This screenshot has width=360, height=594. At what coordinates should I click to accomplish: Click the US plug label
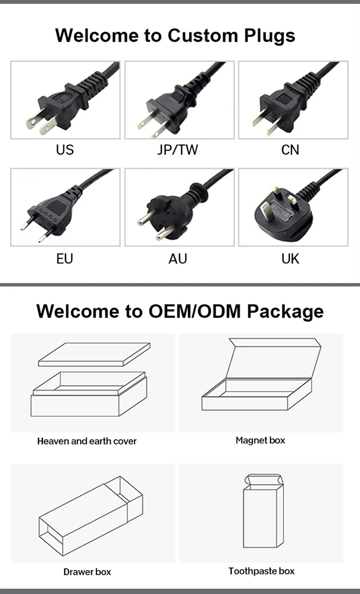[x=65, y=150]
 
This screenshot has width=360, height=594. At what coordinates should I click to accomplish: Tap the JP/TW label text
[x=178, y=150]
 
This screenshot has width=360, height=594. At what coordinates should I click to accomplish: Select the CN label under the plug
[x=290, y=150]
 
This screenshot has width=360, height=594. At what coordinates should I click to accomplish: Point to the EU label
[x=64, y=259]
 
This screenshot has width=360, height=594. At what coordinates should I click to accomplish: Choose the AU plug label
[x=178, y=259]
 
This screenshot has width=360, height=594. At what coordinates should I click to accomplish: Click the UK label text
[x=290, y=259]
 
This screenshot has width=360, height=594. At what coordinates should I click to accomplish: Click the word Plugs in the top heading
[x=269, y=36]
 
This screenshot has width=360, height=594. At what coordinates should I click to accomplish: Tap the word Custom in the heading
[x=203, y=35]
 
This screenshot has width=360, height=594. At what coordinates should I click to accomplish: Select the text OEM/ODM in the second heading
[x=195, y=311]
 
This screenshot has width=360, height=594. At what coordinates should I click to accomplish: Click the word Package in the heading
[x=285, y=311]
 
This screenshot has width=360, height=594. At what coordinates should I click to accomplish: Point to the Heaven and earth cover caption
[x=87, y=441]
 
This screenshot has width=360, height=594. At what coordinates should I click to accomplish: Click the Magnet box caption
[x=260, y=440]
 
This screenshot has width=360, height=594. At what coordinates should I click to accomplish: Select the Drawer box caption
[x=87, y=572]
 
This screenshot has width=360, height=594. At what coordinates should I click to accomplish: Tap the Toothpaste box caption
[x=262, y=571]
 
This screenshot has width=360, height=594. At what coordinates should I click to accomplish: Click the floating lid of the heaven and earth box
[x=94, y=355]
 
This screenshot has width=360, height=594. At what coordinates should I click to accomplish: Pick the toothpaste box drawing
[x=264, y=511]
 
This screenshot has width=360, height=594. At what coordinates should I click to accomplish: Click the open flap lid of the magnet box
[x=273, y=358]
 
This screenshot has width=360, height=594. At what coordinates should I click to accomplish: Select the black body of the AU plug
[x=170, y=212]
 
